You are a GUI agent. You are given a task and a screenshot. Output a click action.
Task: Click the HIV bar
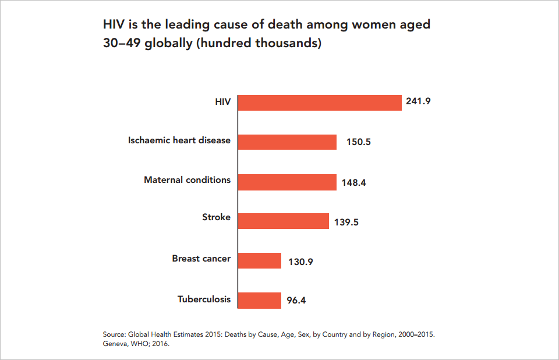pyautogui.click(x=320, y=103)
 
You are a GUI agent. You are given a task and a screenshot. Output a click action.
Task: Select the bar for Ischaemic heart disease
pyautogui.click(x=287, y=142)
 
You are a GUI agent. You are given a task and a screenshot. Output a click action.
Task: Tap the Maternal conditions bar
pyautogui.click(x=287, y=182)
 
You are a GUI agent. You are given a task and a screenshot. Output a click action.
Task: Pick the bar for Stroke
pyautogui.click(x=284, y=221)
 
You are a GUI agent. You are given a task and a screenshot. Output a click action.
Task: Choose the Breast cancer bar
pyautogui.click(x=260, y=260)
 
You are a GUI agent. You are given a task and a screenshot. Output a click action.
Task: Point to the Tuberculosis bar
pyautogui.click(x=260, y=300)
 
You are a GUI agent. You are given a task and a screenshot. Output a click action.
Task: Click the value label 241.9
pyautogui.click(x=418, y=101)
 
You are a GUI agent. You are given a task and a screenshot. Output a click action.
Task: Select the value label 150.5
pyautogui.click(x=359, y=142)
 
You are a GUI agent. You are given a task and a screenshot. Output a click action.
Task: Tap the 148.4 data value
pyautogui.click(x=354, y=182)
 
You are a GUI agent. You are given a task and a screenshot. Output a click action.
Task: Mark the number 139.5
pyautogui.click(x=346, y=222)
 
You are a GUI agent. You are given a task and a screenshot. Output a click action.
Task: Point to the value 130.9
pyautogui.click(x=300, y=262)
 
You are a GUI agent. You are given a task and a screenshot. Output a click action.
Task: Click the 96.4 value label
pyautogui.click(x=296, y=301)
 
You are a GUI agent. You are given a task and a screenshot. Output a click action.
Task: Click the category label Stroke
pyautogui.click(x=216, y=217)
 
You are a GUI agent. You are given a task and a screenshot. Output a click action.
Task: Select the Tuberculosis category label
pyautogui.click(x=204, y=299)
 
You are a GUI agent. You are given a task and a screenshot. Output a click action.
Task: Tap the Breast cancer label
pyautogui.click(x=201, y=258)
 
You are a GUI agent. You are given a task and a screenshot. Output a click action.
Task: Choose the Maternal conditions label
pyautogui.click(x=187, y=179)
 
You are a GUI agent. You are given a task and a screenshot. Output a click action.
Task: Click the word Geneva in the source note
pyautogui.click(x=116, y=344)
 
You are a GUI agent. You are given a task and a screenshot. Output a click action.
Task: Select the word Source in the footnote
pyautogui.click(x=115, y=334)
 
